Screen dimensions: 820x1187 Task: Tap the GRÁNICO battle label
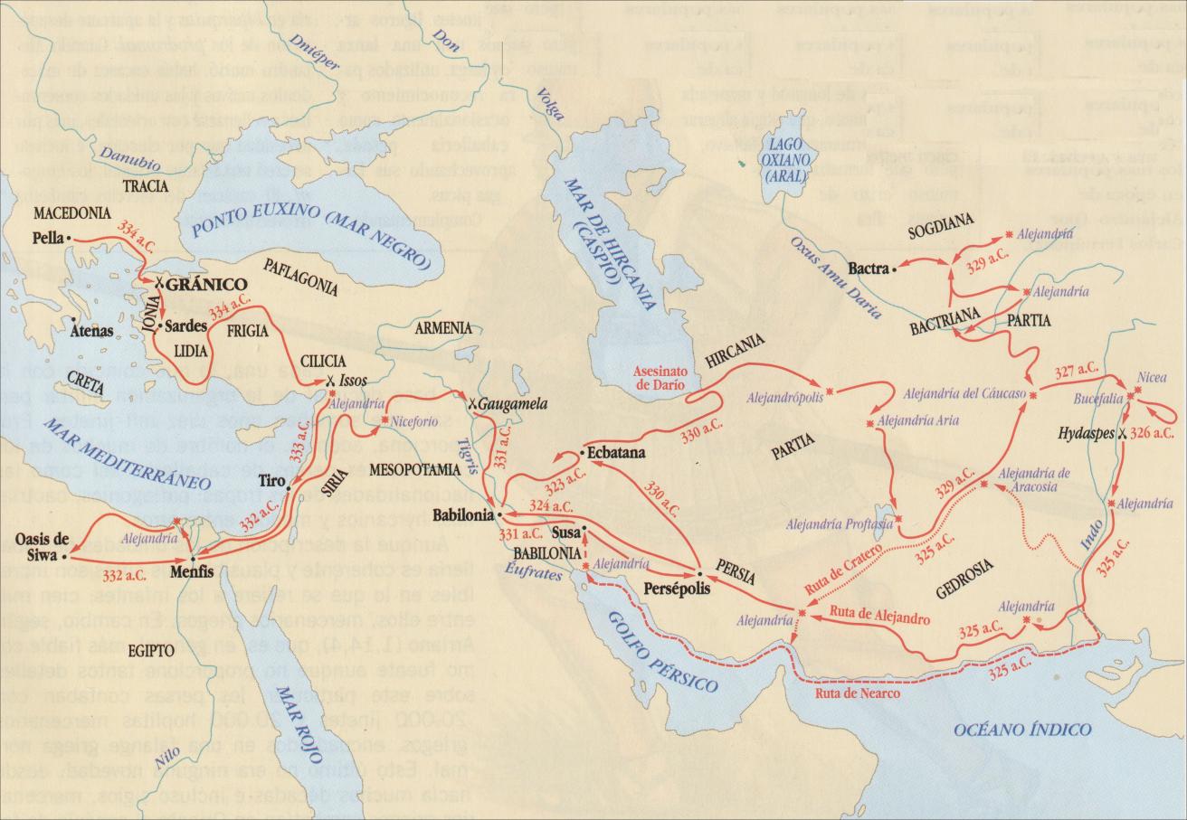point(206,284)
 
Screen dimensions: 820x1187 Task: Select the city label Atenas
point(92,331)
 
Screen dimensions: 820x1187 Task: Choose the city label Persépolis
point(671,587)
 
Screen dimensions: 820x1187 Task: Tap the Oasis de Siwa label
point(43,548)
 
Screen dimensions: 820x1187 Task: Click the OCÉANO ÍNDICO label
point(1022,730)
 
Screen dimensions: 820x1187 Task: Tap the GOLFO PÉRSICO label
point(663,651)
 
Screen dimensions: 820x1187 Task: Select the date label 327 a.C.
point(1076,371)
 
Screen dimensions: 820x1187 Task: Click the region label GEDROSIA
point(964,567)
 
